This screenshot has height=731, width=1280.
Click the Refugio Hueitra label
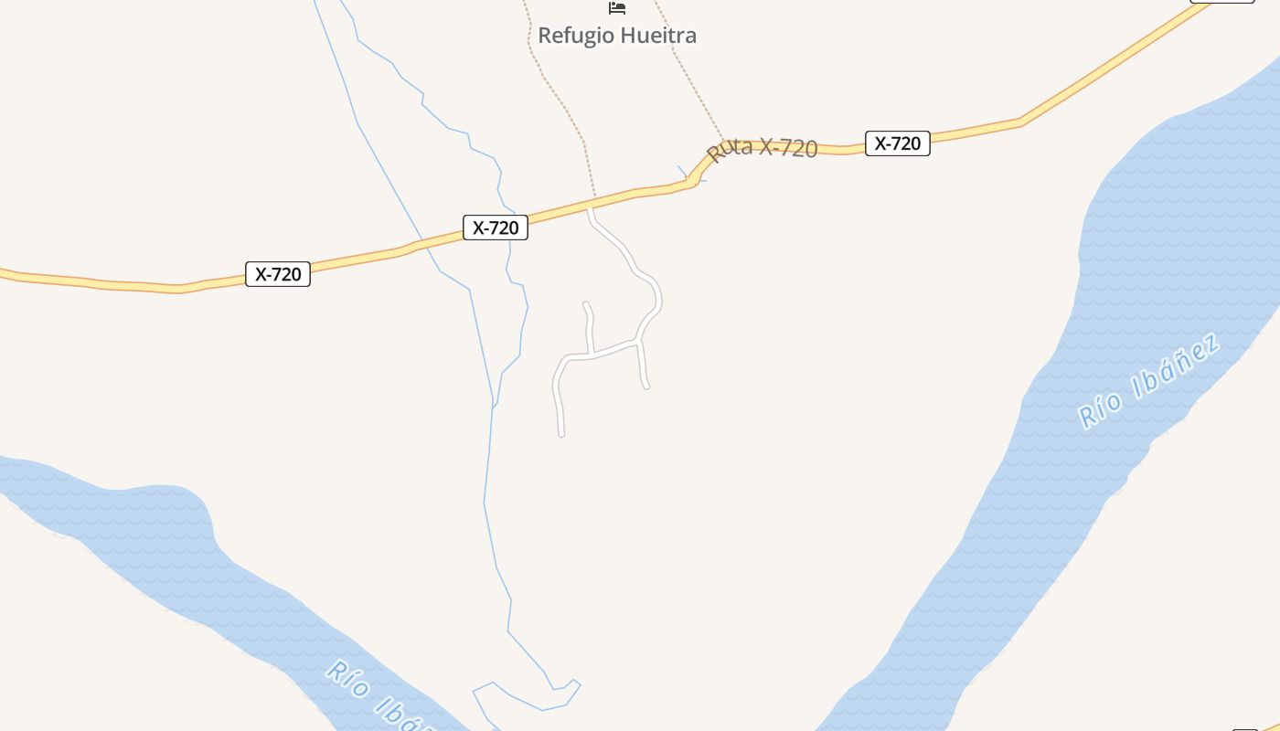pos(617,36)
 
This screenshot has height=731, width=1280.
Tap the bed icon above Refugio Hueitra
pos(617,8)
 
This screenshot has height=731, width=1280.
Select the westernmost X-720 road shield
pos(278,273)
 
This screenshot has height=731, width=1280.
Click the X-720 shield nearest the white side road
pos(496,228)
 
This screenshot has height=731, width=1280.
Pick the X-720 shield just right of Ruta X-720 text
pos(897,143)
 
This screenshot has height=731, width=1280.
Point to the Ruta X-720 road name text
pos(763,148)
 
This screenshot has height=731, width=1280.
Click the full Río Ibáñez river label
pos(1149,382)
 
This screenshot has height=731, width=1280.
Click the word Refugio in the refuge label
pos(575,36)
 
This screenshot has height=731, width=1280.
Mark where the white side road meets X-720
pos(591,209)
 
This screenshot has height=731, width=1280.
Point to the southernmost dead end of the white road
pos(561,434)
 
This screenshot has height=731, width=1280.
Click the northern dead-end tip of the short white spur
pos(585,304)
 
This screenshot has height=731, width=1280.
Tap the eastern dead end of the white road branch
pos(646,387)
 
